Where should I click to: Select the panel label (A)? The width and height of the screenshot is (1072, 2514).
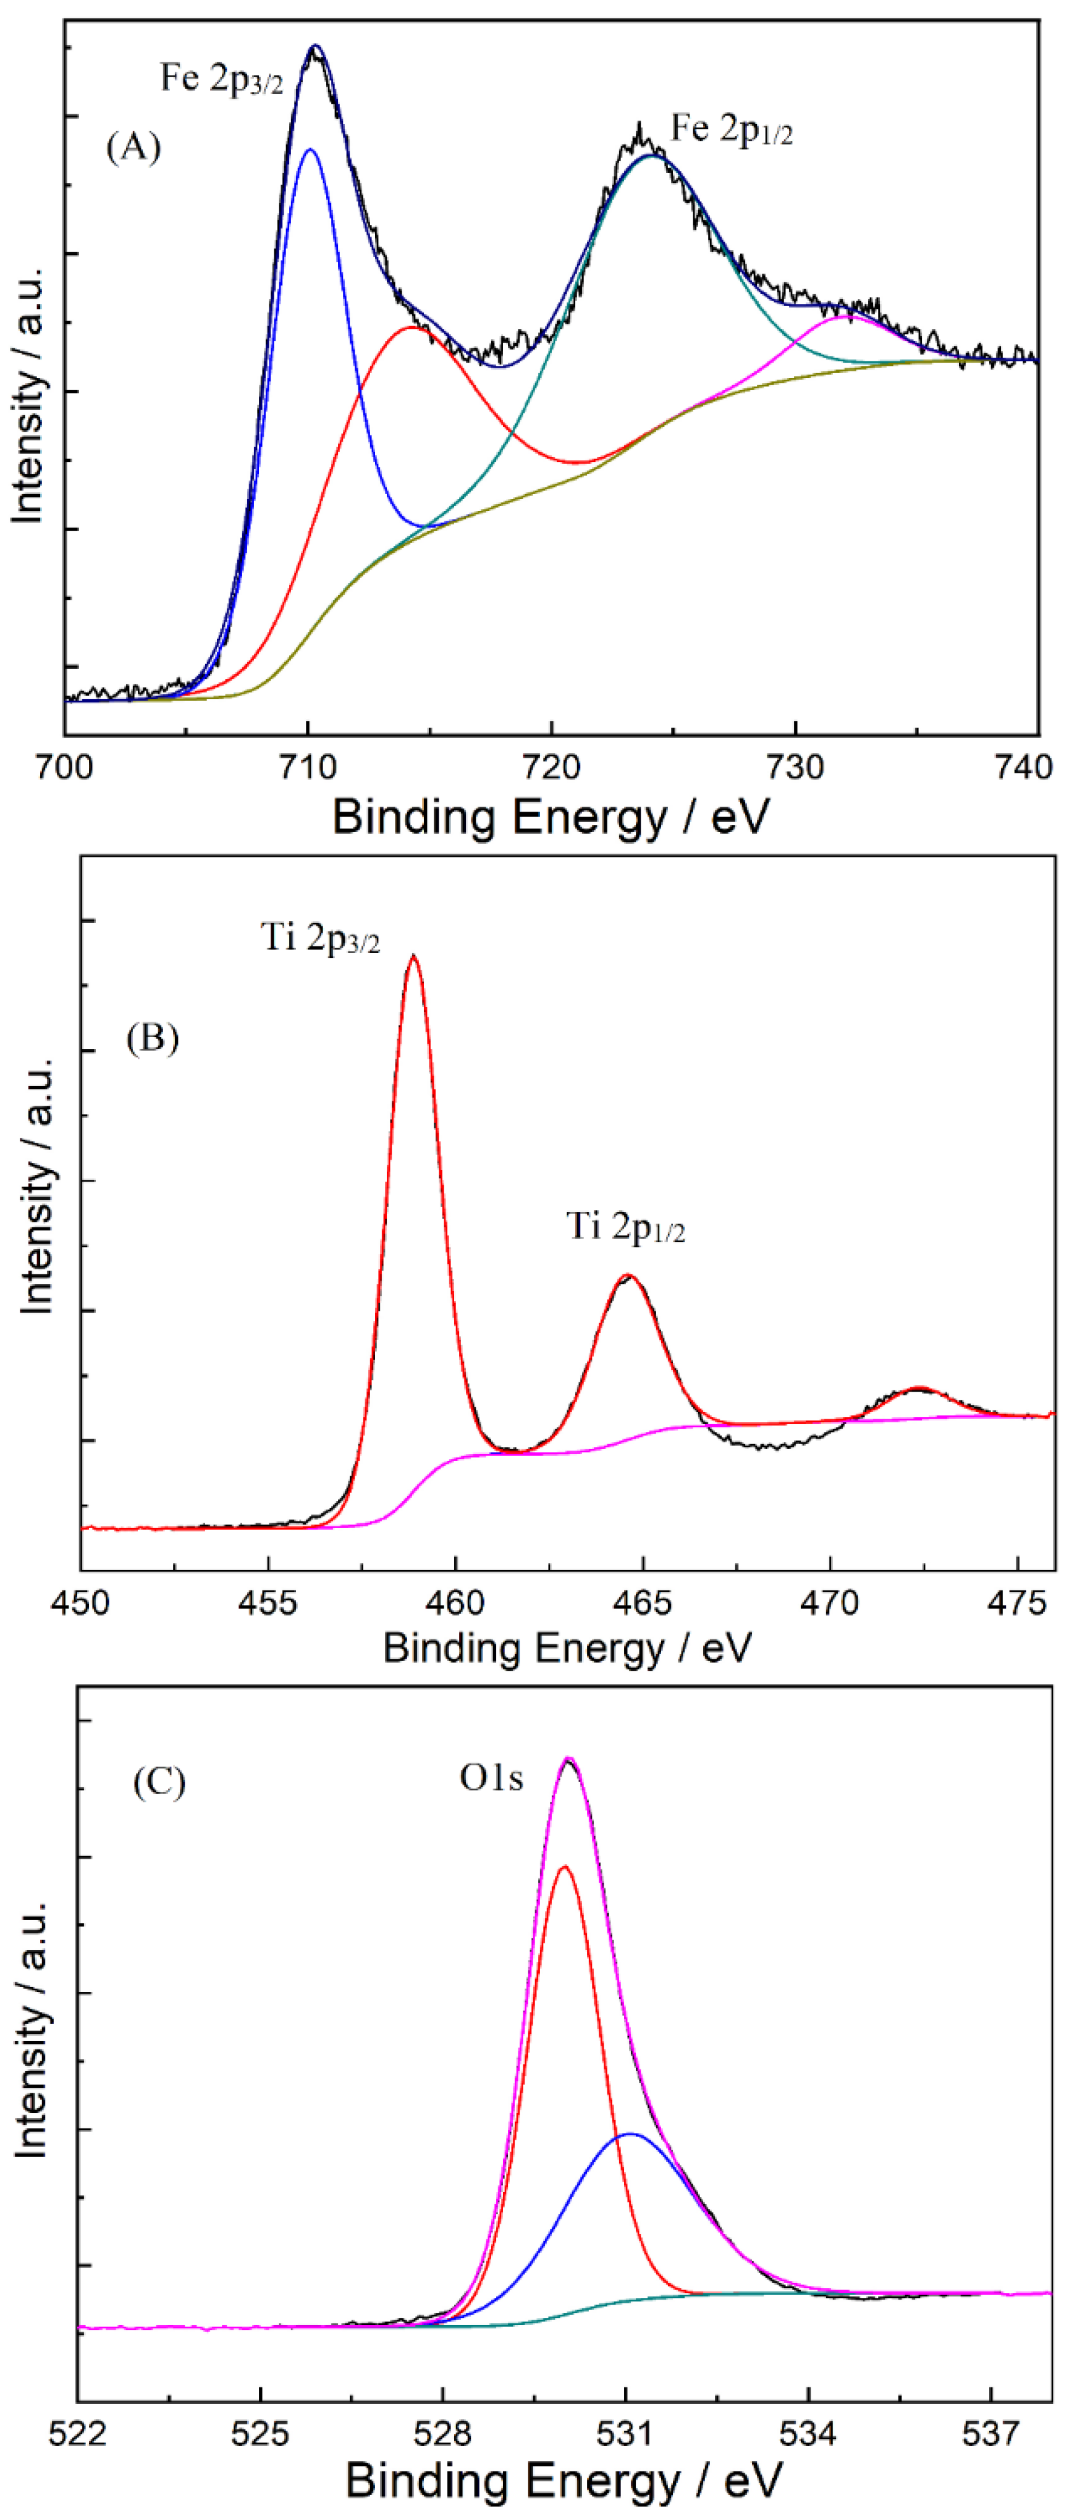click(133, 148)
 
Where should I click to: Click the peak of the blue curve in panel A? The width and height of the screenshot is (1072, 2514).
click(310, 150)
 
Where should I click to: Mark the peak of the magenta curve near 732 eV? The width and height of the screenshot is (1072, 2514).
click(845, 316)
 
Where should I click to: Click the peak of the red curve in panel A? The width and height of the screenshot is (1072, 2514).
click(413, 328)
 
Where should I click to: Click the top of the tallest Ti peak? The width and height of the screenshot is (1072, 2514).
click(414, 956)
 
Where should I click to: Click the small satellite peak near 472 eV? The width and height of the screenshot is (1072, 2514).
click(917, 1388)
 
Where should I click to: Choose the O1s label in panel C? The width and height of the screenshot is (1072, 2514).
click(491, 1778)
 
